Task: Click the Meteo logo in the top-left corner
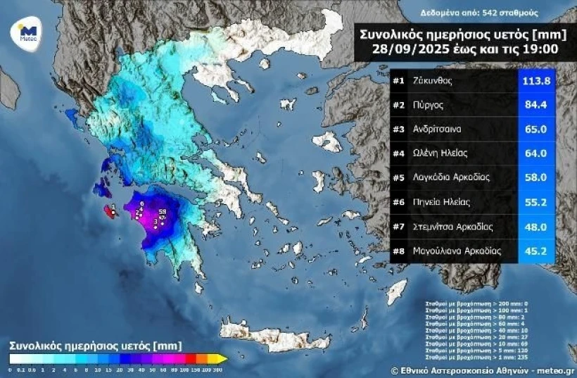[27, 32]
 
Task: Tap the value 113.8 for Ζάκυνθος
[536, 81]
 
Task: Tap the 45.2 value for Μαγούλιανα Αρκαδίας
[536, 251]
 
